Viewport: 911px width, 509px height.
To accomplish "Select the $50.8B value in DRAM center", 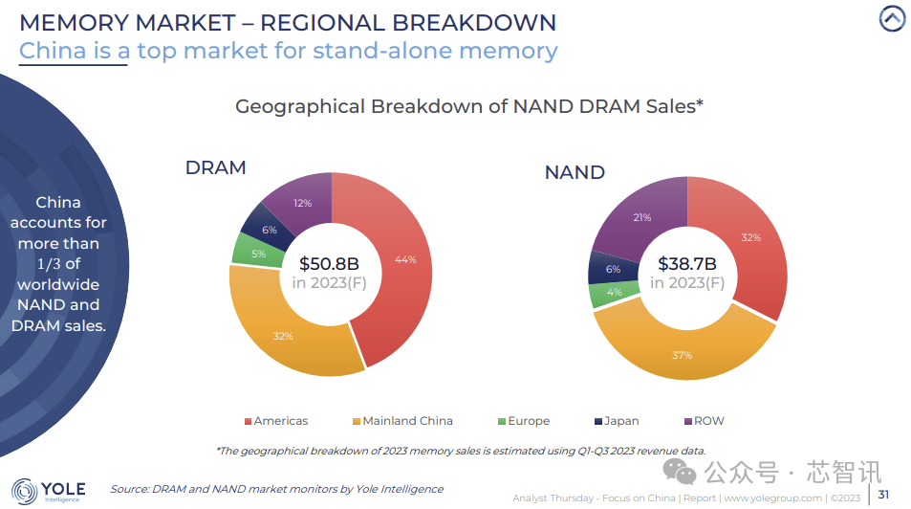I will point(330,262).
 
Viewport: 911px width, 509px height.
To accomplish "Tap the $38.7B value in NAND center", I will point(688,262).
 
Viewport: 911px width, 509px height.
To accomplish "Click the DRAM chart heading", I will point(215,167).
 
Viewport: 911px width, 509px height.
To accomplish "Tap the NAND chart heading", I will point(575,172).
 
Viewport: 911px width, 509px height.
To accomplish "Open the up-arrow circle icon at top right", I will point(891,18).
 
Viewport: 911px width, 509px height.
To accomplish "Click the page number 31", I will point(883,495).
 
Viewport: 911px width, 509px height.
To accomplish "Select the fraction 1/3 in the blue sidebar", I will point(57,264).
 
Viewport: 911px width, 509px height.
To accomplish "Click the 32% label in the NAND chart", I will point(751,237).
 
